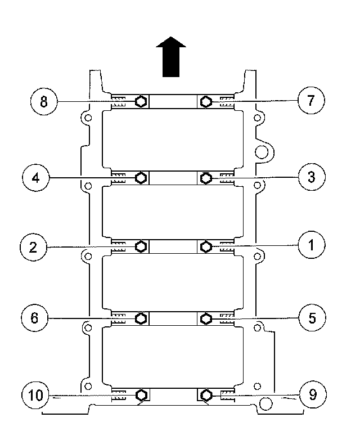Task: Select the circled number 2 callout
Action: [34, 247]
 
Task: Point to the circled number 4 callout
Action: [35, 178]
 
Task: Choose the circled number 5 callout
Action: [312, 318]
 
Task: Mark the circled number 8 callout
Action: [43, 102]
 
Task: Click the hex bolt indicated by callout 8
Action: [141, 101]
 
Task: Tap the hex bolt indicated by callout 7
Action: [206, 101]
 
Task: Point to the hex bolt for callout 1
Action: [206, 246]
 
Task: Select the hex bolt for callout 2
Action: [141, 246]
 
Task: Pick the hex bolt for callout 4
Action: [141, 178]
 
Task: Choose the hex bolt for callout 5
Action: [206, 318]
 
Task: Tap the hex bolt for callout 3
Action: [206, 178]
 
